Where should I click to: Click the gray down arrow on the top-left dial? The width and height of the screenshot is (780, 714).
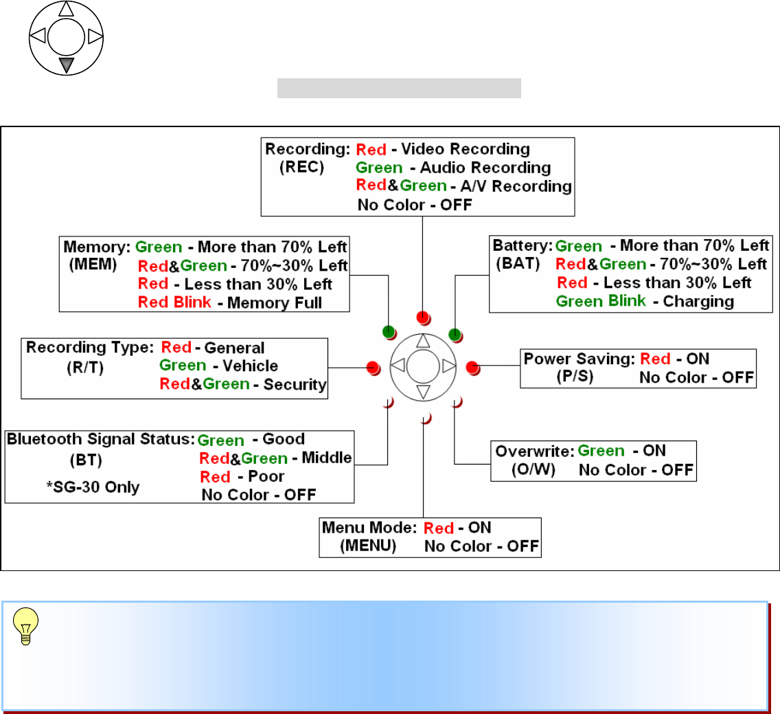click(x=66, y=65)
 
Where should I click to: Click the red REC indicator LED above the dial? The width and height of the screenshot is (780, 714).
click(x=423, y=317)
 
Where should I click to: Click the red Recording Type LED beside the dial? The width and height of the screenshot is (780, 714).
click(x=373, y=366)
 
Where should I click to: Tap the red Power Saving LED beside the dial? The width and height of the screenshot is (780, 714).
click(x=472, y=366)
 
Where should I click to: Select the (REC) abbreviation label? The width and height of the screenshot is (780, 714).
click(x=301, y=167)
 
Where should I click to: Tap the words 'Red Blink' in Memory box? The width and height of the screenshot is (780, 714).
click(x=174, y=302)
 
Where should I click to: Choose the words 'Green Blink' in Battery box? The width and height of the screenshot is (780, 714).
click(x=601, y=301)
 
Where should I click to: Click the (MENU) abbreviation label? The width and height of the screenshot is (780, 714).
click(x=368, y=546)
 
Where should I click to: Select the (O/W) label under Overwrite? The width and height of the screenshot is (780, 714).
click(x=533, y=470)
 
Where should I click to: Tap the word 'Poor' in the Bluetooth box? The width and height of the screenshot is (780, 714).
click(x=267, y=476)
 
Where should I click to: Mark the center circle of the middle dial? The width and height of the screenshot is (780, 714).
click(x=423, y=366)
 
